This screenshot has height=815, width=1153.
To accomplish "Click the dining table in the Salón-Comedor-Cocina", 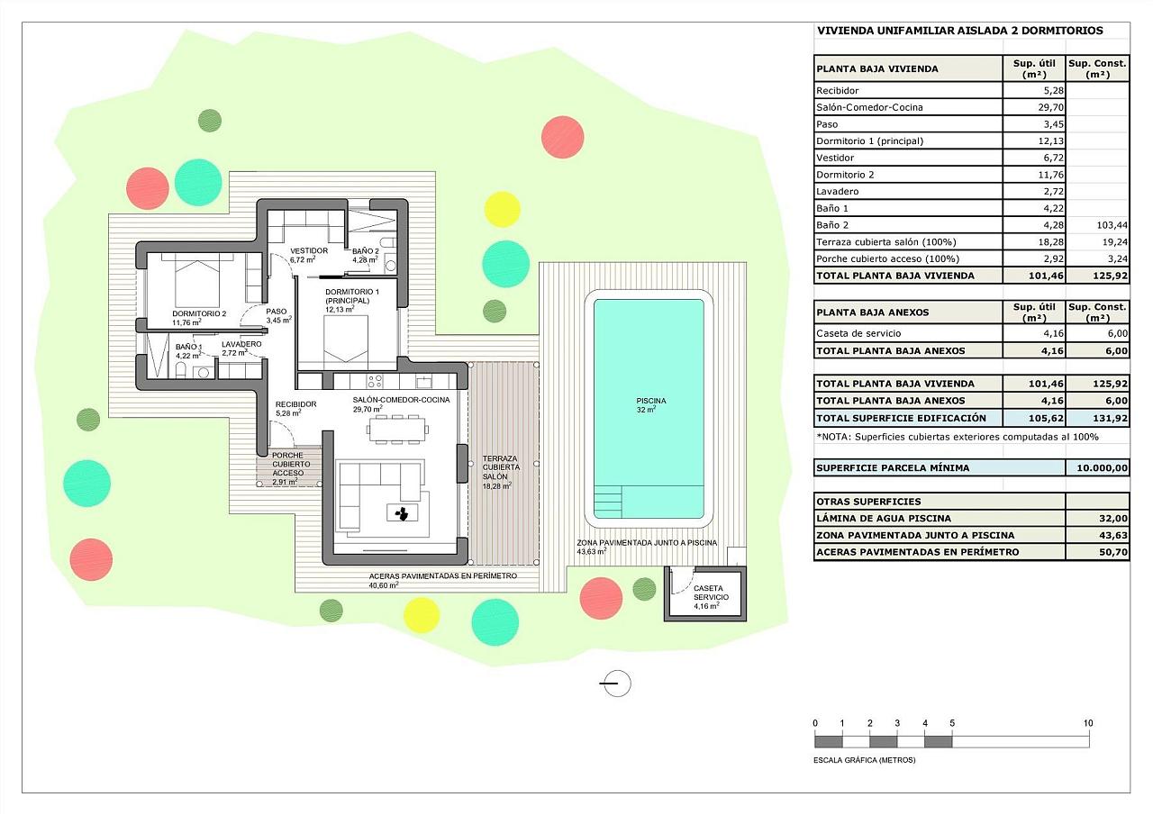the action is pyautogui.click(x=397, y=429).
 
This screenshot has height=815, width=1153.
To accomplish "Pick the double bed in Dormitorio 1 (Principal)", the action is pyautogui.click(x=346, y=340).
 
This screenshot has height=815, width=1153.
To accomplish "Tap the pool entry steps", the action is pyautogui.click(x=608, y=501).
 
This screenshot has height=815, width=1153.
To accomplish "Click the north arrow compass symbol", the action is pyautogui.click(x=616, y=684).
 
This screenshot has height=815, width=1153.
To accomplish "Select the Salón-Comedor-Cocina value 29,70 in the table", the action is pyautogui.click(x=1050, y=107).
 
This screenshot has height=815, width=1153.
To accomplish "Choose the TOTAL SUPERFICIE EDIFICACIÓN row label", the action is pyautogui.click(x=902, y=418).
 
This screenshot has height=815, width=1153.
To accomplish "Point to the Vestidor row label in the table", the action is pyautogui.click(x=835, y=158).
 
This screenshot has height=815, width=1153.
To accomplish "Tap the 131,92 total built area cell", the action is pyautogui.click(x=1111, y=418).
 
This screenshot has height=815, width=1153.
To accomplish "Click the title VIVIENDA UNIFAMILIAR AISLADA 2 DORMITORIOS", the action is pyautogui.click(x=960, y=31).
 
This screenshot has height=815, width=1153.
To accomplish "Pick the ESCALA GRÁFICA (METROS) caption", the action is pyautogui.click(x=864, y=760).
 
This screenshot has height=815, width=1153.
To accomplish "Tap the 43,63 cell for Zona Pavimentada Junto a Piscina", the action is pyautogui.click(x=1112, y=535).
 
